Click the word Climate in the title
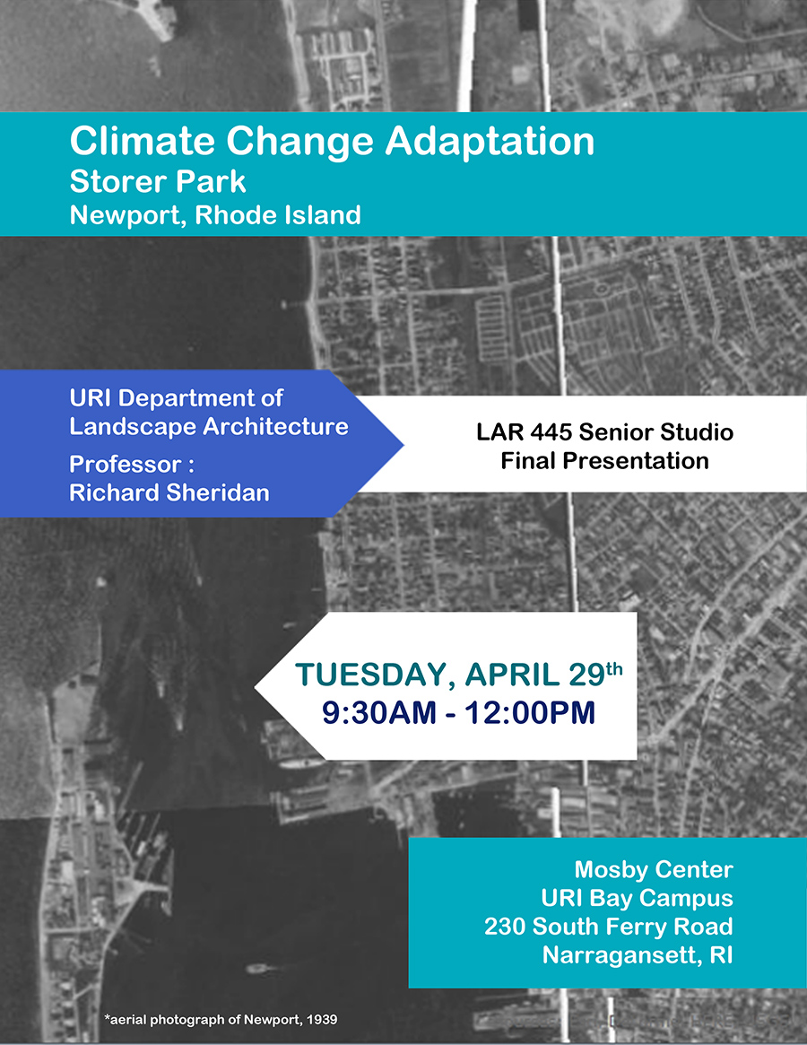point(143,142)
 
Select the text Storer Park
point(158,181)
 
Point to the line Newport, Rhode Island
point(215,215)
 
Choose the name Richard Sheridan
point(169,492)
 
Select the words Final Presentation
point(604,460)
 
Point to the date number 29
point(586,675)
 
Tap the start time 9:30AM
point(378,712)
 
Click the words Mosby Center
point(654,869)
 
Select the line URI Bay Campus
point(637,899)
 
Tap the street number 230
point(505,927)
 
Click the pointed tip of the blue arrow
point(403,445)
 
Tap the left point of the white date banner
point(256,686)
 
